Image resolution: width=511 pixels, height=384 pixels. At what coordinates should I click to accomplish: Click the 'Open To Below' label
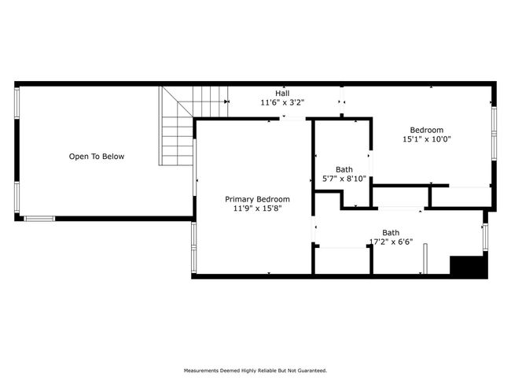click(x=97, y=157)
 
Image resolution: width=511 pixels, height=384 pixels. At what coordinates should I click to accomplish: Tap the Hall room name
click(x=282, y=94)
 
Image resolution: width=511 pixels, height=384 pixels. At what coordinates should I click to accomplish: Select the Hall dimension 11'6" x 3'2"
click(x=282, y=102)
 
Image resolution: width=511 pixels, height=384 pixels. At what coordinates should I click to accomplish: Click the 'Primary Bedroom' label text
click(x=257, y=199)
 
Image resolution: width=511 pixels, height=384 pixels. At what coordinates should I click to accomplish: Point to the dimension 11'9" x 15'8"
click(x=257, y=209)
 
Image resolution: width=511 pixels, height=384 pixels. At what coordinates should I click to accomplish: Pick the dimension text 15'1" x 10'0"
click(x=427, y=139)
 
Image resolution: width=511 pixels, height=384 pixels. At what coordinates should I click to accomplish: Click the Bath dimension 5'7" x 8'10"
click(x=344, y=179)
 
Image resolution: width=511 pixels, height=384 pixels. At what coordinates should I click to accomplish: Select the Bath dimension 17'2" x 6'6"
click(x=391, y=242)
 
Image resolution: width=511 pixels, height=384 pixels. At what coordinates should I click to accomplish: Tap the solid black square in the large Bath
click(x=469, y=267)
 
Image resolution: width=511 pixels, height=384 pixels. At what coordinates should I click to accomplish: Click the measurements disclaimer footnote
click(x=256, y=371)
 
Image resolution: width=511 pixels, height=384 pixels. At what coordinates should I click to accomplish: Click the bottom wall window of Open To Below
click(x=39, y=219)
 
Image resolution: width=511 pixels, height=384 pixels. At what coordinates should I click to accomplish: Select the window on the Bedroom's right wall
click(x=494, y=134)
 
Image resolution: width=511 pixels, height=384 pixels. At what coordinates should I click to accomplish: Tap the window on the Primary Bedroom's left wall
click(x=194, y=247)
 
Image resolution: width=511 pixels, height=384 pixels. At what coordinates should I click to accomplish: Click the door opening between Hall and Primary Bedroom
click(x=292, y=119)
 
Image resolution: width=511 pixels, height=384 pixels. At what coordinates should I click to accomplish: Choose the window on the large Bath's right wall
click(x=485, y=237)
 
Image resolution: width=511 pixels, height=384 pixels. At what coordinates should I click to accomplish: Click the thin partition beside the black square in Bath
click(x=425, y=259)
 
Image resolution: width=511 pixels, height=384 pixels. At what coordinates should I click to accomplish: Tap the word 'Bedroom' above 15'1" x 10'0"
click(x=427, y=130)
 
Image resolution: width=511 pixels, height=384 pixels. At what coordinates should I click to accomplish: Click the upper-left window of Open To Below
click(x=17, y=102)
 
